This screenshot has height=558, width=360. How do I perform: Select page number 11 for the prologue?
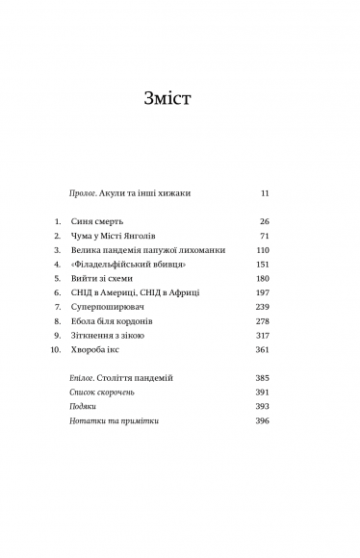(x=265, y=192)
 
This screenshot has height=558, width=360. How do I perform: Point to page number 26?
(x=264, y=221)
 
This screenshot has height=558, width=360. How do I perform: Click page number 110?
(x=263, y=249)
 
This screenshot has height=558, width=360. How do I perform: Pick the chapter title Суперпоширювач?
(x=111, y=306)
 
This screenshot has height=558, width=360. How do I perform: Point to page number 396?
(x=263, y=421)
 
